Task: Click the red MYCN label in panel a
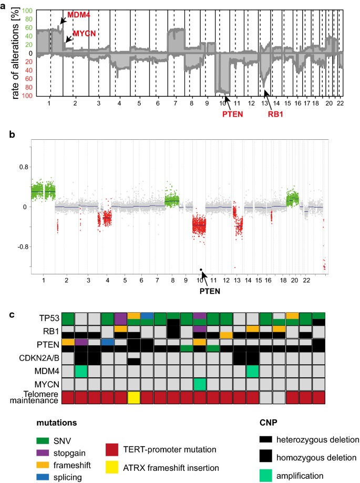click(84, 33)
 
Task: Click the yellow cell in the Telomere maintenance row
click(134, 397)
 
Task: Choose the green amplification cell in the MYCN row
click(200, 384)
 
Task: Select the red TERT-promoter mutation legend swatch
click(114, 450)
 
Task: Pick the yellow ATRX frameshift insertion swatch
click(114, 467)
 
